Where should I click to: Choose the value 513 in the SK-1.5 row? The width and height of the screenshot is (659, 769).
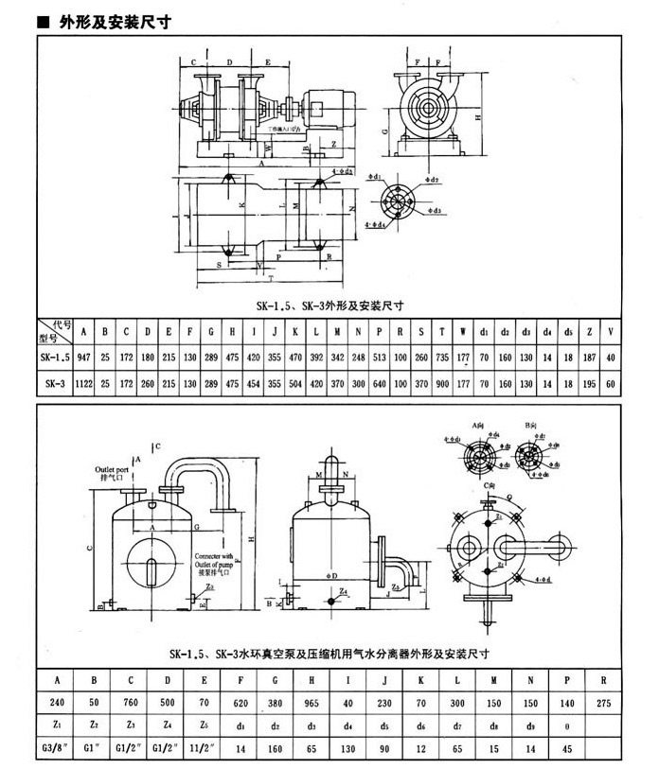(x=379, y=358)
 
